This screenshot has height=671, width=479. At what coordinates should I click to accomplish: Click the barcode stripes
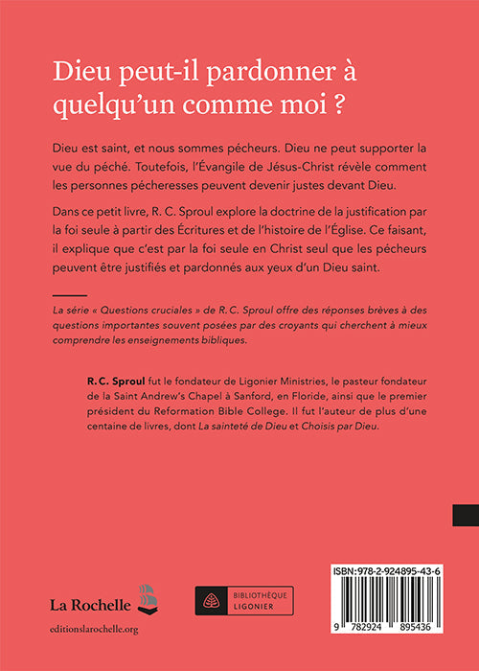[x=371, y=598]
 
